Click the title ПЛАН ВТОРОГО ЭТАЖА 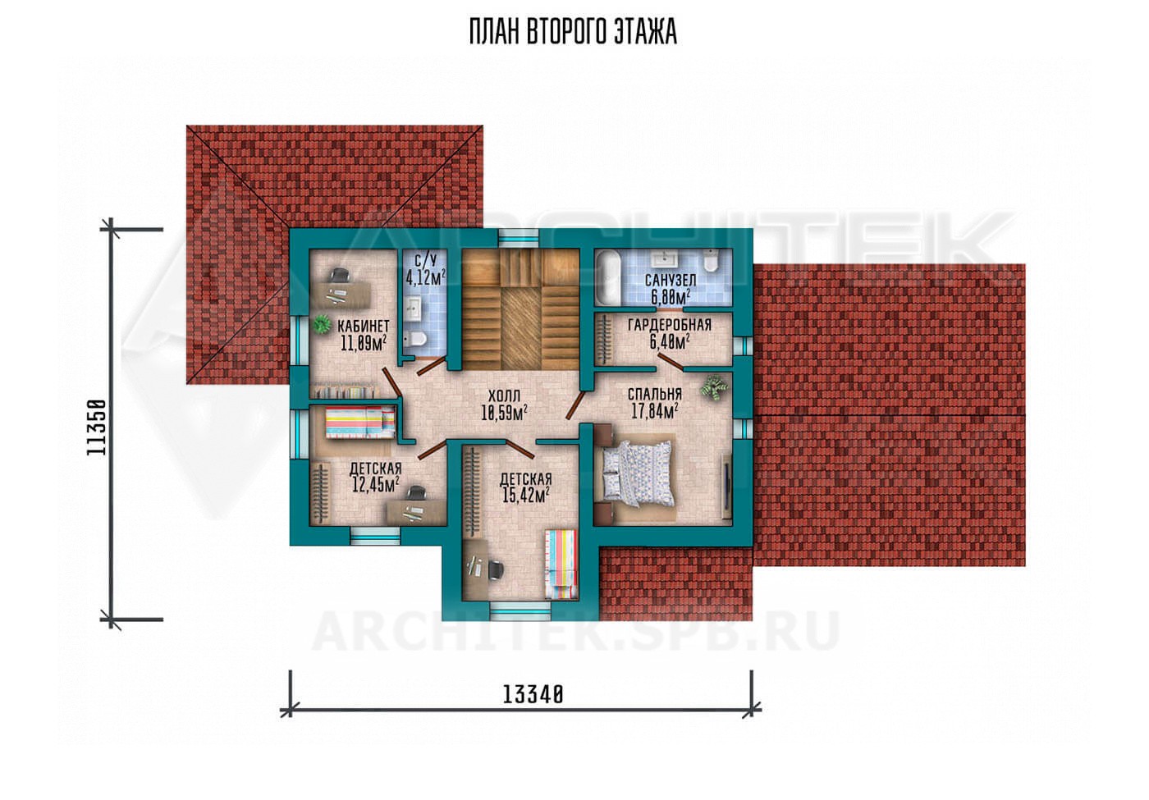[x=573, y=32]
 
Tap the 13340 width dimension [x=533, y=696]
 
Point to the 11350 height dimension [x=97, y=427]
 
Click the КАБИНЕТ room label [x=363, y=327]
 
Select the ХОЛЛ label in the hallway [x=504, y=395]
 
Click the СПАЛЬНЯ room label [x=655, y=394]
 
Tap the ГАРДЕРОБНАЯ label [x=670, y=325]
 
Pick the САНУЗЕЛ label [x=671, y=280]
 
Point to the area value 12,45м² [x=376, y=485]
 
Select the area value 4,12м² [x=425, y=278]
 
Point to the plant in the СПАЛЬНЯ [x=715, y=388]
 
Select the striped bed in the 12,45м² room [x=360, y=422]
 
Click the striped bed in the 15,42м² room [x=561, y=565]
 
